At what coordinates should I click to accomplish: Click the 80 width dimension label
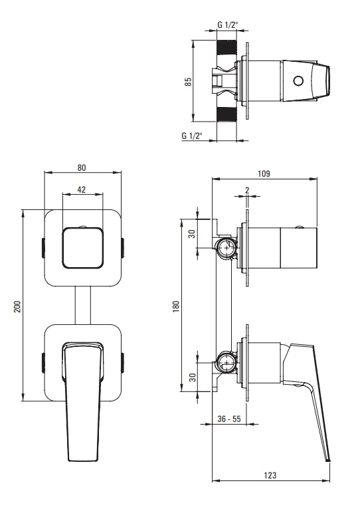click(82, 167)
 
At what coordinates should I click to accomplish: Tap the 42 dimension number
click(82, 189)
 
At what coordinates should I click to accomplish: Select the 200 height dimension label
click(17, 306)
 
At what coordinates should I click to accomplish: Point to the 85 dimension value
click(189, 82)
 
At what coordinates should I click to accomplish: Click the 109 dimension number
click(264, 173)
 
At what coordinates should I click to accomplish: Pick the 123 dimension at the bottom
click(270, 475)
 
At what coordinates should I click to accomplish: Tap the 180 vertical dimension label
click(176, 307)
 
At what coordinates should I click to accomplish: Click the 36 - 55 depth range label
click(229, 419)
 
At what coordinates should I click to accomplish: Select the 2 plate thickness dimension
click(247, 190)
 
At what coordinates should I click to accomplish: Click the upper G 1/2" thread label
click(228, 25)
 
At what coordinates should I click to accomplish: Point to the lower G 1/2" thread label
click(192, 136)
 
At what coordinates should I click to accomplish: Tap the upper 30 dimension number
click(193, 234)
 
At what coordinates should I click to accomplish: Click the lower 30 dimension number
click(193, 377)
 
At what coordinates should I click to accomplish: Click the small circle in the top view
click(298, 80)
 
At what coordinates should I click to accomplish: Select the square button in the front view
click(83, 247)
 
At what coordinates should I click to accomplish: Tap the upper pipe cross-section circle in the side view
click(226, 248)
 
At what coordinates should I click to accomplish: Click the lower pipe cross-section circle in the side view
click(226, 362)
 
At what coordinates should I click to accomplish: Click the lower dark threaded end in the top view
click(226, 114)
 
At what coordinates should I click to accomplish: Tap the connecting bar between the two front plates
click(83, 306)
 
